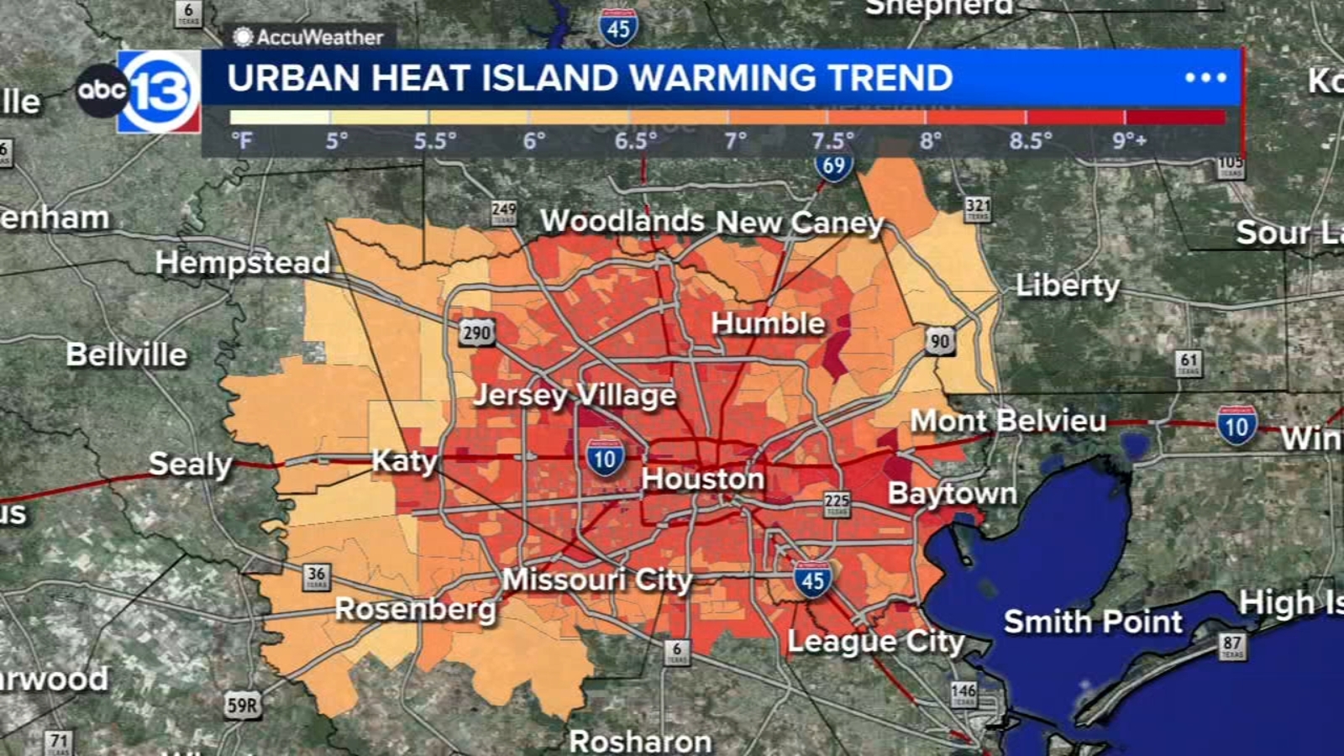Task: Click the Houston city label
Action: pos(702,479)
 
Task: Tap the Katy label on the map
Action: pos(405,461)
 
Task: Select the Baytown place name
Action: pos(952,493)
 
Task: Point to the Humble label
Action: pos(768,323)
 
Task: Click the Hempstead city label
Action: pos(243,263)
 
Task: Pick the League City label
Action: pos(875,642)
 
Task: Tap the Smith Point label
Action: pos(1093,622)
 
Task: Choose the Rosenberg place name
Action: pos(416,609)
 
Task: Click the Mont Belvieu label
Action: pos(1008,420)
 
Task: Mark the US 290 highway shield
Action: pos(476,333)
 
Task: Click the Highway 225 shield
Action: pos(837,503)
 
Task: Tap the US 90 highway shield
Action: pos(940,342)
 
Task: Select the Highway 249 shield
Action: pos(504,212)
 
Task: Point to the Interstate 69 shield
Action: pos(833,165)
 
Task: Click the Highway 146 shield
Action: pos(963,693)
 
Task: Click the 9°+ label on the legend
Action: pos(1129,140)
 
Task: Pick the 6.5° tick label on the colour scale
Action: pos(635,140)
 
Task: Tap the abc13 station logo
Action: pos(140,91)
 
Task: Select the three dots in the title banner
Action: pos(1205,78)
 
